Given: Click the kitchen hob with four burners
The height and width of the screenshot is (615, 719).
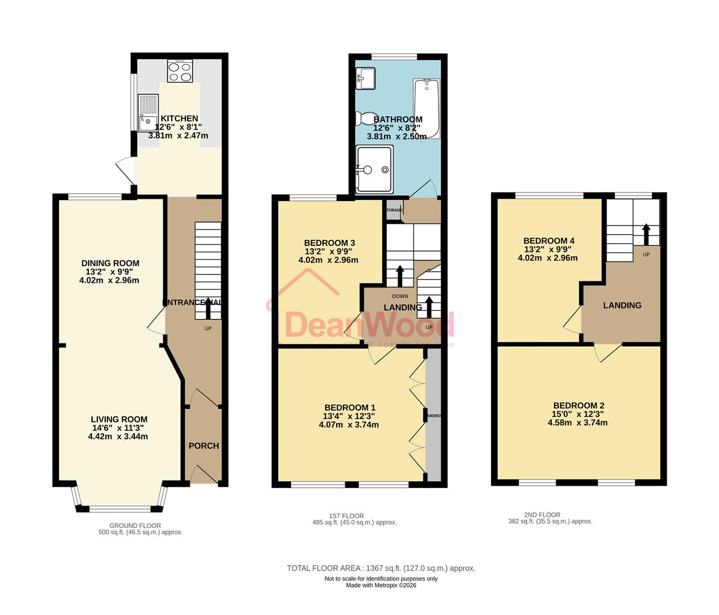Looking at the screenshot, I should click(x=180, y=71).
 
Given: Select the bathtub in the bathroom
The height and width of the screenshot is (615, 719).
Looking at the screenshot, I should click(x=427, y=109).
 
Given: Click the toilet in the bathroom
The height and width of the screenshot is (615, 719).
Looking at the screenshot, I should click(x=365, y=118).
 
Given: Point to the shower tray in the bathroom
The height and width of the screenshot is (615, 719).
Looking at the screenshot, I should click(x=374, y=169).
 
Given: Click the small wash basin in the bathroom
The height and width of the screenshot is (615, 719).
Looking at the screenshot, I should click(x=364, y=78).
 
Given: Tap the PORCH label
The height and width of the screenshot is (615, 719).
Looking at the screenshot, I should click(x=204, y=446).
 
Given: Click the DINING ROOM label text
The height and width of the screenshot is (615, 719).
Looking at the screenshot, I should click(x=110, y=263).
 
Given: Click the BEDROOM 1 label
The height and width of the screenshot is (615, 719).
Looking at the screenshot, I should click(x=350, y=407).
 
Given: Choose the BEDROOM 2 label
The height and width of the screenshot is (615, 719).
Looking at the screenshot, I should click(x=578, y=405).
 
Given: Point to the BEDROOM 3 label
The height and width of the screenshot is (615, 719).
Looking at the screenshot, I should click(x=329, y=243).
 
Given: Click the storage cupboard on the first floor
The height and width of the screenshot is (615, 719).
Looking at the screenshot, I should click(x=394, y=210).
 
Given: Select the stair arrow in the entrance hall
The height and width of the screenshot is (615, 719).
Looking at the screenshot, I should click(x=208, y=308).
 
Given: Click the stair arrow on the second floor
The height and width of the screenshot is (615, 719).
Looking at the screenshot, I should click(x=646, y=233).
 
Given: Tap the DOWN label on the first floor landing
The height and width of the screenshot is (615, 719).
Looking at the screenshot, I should click(x=400, y=296).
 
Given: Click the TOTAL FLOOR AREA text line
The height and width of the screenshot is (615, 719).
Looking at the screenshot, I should click(x=381, y=568).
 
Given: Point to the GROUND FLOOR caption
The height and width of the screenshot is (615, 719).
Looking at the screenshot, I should click(x=135, y=526).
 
